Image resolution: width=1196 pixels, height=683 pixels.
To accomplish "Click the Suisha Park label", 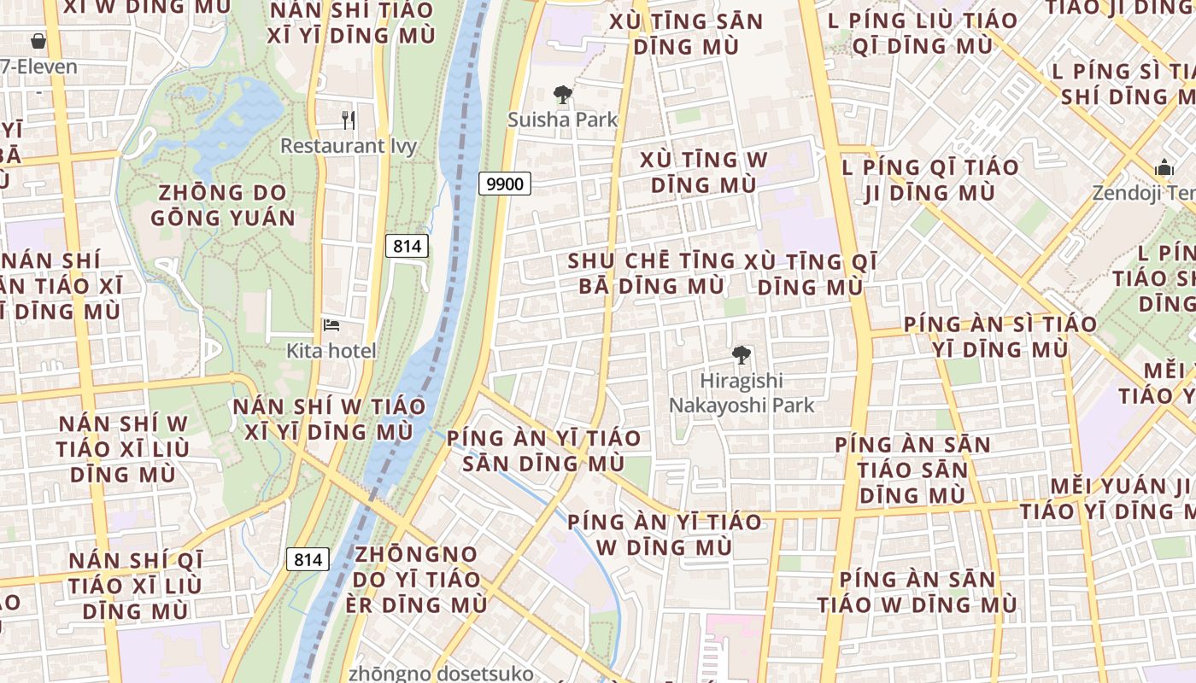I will (x=562, y=120).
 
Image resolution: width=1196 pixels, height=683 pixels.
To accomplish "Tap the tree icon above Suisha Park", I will (x=562, y=95).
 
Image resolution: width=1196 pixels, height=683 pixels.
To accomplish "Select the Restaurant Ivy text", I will (x=349, y=146).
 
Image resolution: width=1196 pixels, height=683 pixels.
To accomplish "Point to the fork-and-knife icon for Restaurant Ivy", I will (x=348, y=120).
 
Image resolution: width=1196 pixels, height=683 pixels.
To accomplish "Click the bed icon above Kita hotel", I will (x=331, y=325).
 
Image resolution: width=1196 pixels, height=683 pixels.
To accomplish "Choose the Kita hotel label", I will (x=331, y=351).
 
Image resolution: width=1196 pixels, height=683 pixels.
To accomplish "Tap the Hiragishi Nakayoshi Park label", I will (x=742, y=393).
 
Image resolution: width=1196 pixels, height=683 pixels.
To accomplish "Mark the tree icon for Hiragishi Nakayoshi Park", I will (x=742, y=355).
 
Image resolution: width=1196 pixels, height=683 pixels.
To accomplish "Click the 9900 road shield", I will (x=505, y=183).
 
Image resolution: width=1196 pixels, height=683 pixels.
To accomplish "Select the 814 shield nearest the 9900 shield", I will (x=407, y=247).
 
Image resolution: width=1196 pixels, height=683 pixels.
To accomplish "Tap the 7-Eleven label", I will (x=39, y=67).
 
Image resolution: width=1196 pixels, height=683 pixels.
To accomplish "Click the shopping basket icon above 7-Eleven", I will (x=38, y=41).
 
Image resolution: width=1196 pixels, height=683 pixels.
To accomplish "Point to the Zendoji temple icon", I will (x=1164, y=169).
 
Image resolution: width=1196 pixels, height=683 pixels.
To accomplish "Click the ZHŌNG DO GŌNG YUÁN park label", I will (x=223, y=206).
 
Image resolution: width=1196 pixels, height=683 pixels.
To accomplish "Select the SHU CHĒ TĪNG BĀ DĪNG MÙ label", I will (x=651, y=273).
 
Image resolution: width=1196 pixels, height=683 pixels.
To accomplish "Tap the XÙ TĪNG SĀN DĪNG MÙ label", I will (x=686, y=33).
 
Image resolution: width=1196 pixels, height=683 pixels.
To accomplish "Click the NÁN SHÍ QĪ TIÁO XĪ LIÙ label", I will (x=136, y=586).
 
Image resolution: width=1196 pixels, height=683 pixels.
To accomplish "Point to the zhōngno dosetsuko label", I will (x=441, y=674).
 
